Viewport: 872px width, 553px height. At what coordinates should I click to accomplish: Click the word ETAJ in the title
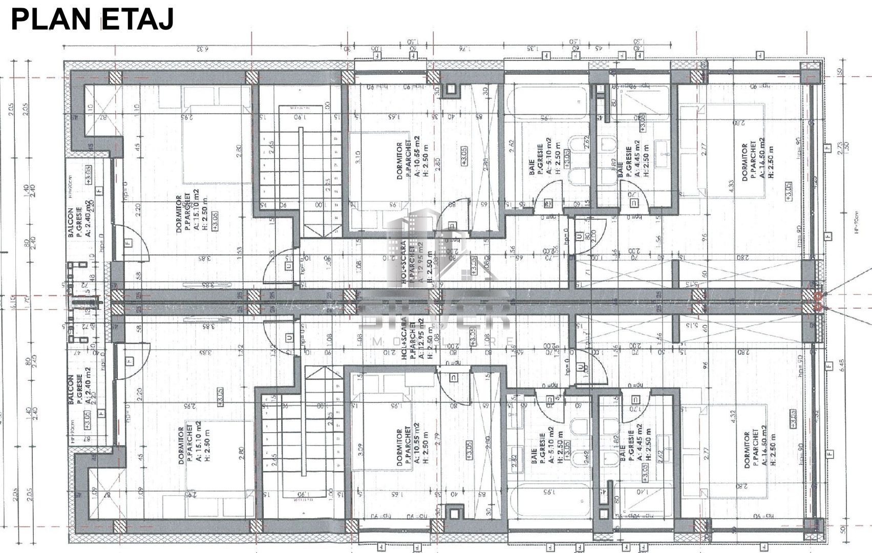pos(138,19)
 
